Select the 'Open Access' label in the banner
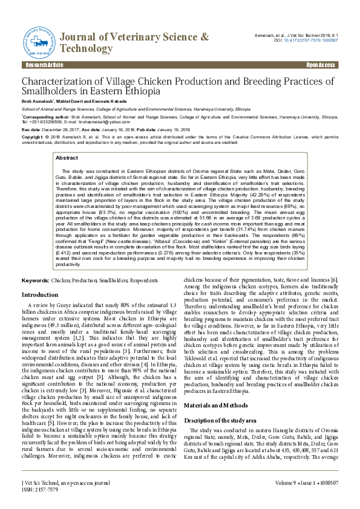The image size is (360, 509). point(320,65)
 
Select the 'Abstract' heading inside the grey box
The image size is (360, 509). point(67,157)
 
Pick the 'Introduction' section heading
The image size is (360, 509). point(40,294)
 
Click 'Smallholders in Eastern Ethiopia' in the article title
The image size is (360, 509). point(91,91)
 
